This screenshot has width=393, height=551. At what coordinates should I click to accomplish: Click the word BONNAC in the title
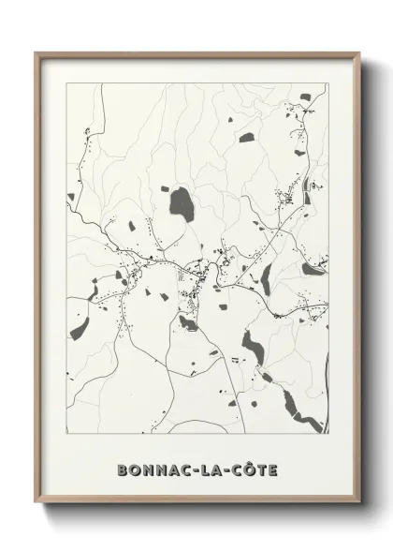(x=149, y=469)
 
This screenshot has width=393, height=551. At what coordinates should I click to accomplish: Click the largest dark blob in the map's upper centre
(x=179, y=198)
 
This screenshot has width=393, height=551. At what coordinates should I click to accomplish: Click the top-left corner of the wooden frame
(x=36, y=53)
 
